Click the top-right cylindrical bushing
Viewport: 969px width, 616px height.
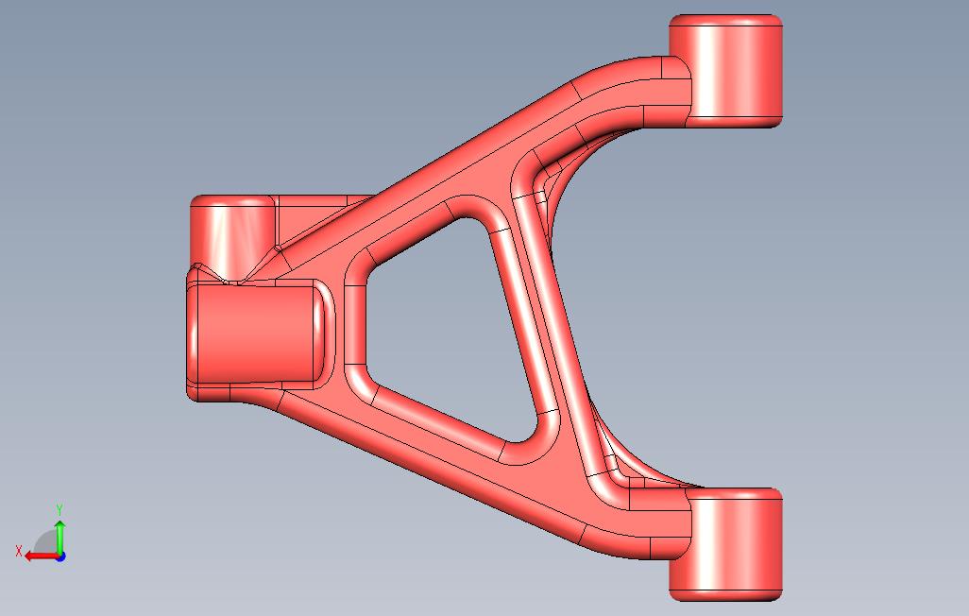726,71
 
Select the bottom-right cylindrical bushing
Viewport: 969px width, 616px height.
726,543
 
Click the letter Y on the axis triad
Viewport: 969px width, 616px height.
59,509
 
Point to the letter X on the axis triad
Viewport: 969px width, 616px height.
19,551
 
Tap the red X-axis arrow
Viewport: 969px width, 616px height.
42,556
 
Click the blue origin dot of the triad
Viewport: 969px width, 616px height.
60,556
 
